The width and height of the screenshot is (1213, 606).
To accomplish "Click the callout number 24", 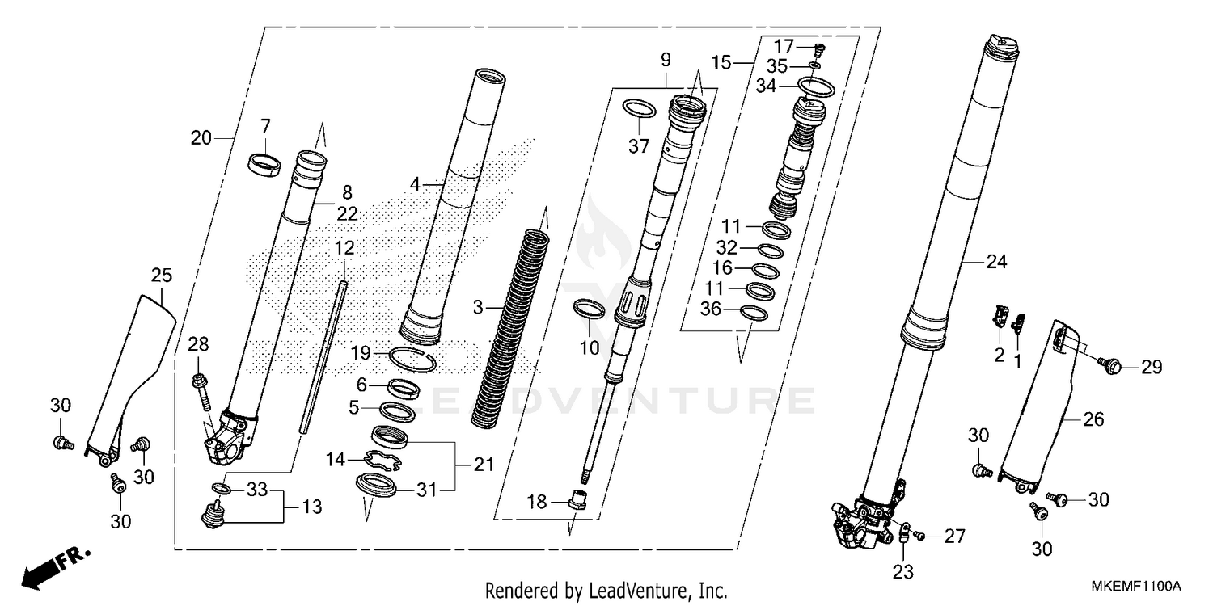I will (998, 261).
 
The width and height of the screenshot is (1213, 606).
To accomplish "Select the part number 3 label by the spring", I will (478, 307).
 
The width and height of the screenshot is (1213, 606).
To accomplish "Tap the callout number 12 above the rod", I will (344, 247).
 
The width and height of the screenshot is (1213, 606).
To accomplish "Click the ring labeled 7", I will (265, 162).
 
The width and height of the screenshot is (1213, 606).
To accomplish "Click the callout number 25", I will (162, 276).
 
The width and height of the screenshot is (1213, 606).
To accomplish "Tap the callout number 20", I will (201, 138).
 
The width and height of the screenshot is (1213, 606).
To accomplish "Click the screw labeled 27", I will (919, 533).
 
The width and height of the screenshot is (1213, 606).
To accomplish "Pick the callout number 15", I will (721, 62).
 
